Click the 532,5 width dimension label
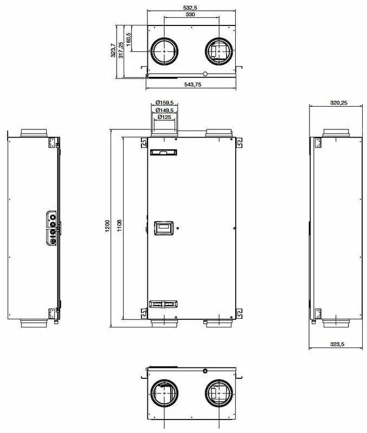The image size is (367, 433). pyautogui.click(x=192, y=8)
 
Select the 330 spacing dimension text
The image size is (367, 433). pyautogui.click(x=190, y=15)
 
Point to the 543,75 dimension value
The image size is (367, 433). pyautogui.click(x=193, y=84)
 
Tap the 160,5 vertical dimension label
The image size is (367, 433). pyautogui.click(x=128, y=40)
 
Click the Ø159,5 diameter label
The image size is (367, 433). pyautogui.click(x=164, y=103)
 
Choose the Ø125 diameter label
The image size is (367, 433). pyautogui.click(x=164, y=117)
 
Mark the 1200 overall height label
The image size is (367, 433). pyautogui.click(x=107, y=226)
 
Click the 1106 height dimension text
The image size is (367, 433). pyautogui.click(x=119, y=226)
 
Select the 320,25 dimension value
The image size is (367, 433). pyautogui.click(x=338, y=103)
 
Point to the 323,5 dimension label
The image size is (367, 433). pyautogui.click(x=337, y=344)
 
